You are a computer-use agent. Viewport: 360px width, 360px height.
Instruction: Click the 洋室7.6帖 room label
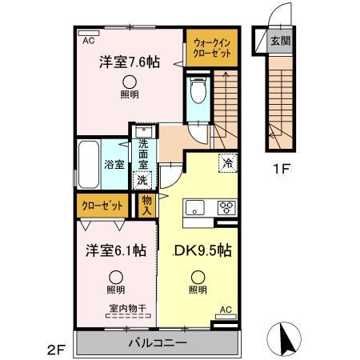click(x=128, y=62)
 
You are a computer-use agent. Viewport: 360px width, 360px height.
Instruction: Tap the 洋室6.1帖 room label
click(x=116, y=250)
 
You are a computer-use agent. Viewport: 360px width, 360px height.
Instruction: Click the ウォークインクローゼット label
click(x=212, y=47)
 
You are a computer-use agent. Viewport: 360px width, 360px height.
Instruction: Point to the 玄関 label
click(x=280, y=41)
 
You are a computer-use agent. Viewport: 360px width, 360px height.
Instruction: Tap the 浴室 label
click(x=114, y=165)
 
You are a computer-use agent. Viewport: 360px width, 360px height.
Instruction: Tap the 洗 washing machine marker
click(x=142, y=180)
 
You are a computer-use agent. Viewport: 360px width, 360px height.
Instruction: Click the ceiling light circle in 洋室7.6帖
click(x=128, y=81)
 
